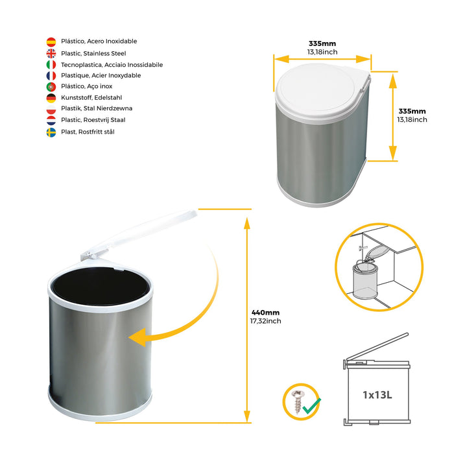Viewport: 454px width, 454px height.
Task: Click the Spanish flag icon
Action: [x=51, y=42]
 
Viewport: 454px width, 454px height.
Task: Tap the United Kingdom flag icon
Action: [x=51, y=54]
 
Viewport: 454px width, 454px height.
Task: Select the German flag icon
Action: [x=51, y=98]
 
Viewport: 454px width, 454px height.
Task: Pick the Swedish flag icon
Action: [x=51, y=132]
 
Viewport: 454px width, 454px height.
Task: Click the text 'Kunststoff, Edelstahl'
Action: [x=91, y=97]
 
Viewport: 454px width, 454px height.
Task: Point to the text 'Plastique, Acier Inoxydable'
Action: [x=101, y=76]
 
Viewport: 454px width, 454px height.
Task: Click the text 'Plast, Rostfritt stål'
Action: [x=88, y=132]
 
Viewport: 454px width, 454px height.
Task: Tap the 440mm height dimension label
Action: [x=265, y=313]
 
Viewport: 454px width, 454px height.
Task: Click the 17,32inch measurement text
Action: [x=265, y=321]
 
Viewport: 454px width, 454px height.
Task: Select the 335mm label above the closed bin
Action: [x=322, y=43]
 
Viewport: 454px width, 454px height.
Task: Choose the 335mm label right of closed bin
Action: [x=412, y=111]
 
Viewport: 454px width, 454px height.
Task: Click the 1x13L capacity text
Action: [x=377, y=394]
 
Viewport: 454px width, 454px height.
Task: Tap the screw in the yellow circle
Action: [x=297, y=401]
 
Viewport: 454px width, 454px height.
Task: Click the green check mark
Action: [x=311, y=406]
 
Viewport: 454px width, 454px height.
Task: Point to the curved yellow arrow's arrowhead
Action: [x=137, y=337]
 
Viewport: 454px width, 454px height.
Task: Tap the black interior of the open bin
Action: [x=101, y=286]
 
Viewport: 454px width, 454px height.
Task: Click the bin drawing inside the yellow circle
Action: [x=365, y=280]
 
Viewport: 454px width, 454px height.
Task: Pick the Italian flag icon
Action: [x=51, y=65]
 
